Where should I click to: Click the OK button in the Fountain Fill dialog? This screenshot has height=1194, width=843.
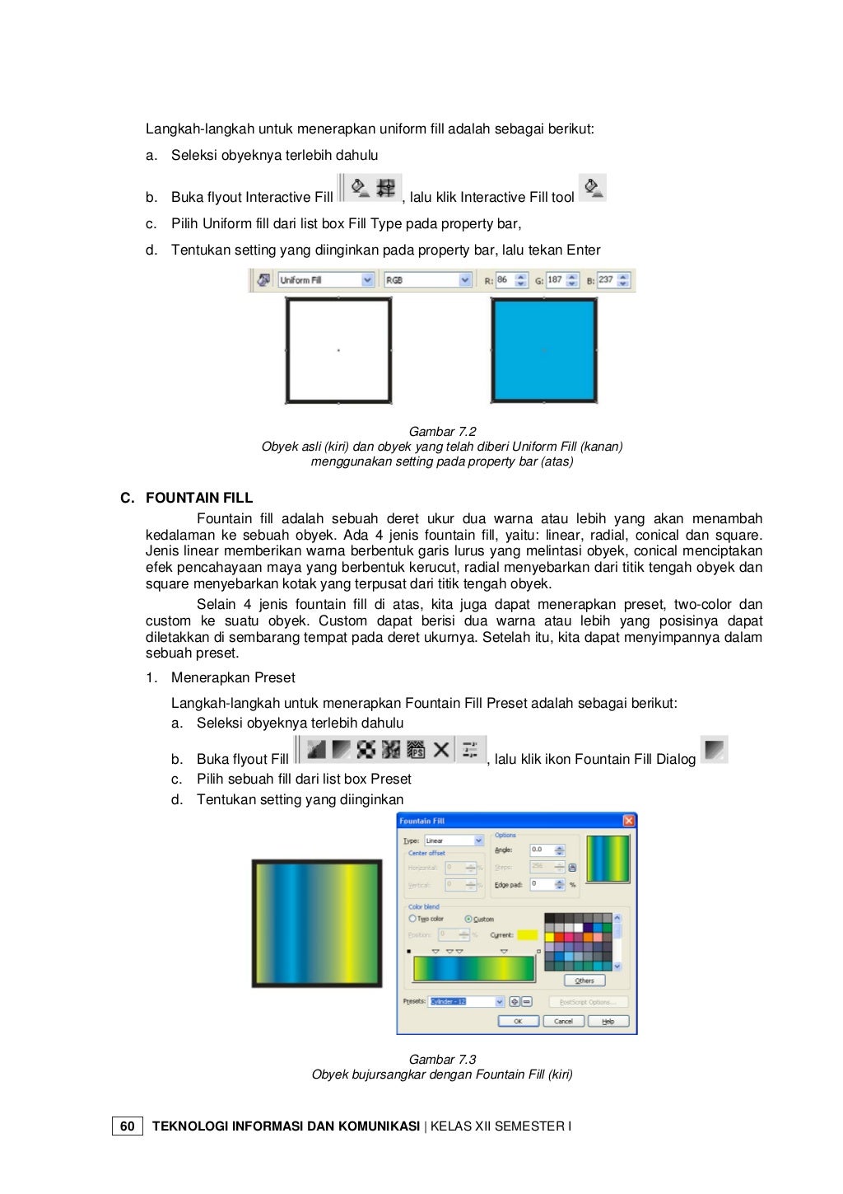tap(518, 1021)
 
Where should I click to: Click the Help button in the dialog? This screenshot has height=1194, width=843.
tap(608, 1021)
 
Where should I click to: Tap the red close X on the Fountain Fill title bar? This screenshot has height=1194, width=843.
tap(629, 821)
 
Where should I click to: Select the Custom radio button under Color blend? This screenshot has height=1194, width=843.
tap(468, 919)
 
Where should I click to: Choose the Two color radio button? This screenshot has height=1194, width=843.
tap(412, 919)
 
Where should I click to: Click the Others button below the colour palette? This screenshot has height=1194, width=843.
tap(585, 981)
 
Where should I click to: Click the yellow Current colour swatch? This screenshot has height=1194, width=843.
tap(527, 934)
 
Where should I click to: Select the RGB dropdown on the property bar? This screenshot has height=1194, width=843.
tap(427, 280)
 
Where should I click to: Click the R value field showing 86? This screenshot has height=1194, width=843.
tap(504, 280)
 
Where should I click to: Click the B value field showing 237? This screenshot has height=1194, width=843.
tap(607, 280)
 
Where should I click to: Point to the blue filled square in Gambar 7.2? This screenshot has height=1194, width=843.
tap(543, 350)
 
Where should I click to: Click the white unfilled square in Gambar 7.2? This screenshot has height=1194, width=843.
tap(338, 350)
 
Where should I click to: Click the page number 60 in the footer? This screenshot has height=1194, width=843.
tap(127, 1126)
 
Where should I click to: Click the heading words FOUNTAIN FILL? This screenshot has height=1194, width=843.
tap(199, 498)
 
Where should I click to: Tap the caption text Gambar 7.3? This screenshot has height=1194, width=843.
tap(442, 1060)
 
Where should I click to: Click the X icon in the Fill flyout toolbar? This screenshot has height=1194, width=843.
tap(441, 750)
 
